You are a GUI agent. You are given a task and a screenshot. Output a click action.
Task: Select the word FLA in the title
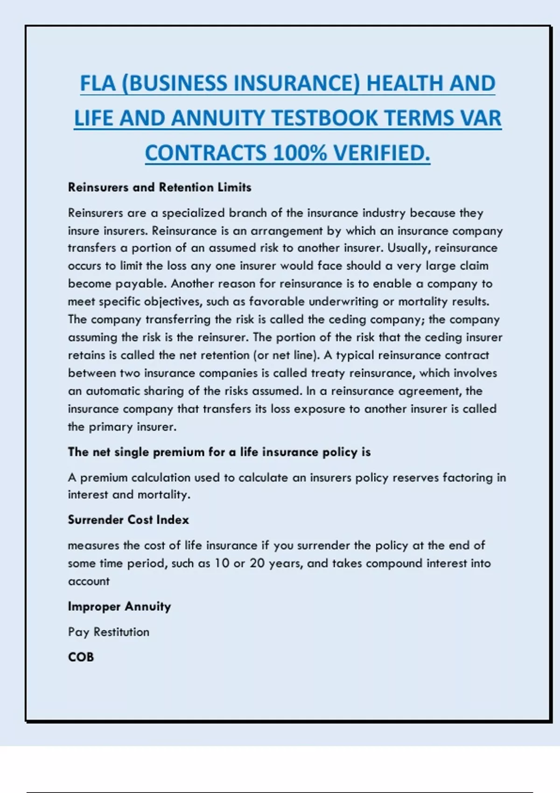tap(97, 83)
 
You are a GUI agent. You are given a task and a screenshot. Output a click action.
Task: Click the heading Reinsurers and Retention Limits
tap(160, 188)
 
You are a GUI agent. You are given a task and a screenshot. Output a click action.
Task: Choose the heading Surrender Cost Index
tap(128, 520)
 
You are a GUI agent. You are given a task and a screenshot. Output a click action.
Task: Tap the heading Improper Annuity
tap(119, 606)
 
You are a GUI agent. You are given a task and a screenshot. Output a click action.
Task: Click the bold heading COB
tap(81, 657)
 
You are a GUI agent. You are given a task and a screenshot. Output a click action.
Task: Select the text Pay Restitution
tap(109, 632)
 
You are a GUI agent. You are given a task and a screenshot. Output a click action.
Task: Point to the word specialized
tap(193, 213)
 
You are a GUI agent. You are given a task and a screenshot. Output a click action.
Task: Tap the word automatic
tap(112, 391)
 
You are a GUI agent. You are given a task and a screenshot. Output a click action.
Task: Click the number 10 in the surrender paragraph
tap(222, 563)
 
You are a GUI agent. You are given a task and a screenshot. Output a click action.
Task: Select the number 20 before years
tap(257, 563)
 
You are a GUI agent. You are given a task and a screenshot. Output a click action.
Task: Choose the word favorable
tap(277, 302)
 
